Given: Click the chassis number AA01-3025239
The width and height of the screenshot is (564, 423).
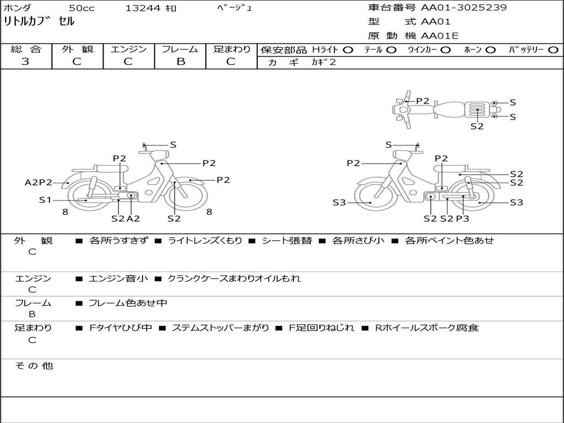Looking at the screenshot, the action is [x=464, y=8].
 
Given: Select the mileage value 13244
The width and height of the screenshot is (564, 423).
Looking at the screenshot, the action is [x=143, y=8].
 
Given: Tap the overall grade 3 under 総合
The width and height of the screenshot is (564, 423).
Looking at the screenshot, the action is [x=25, y=62].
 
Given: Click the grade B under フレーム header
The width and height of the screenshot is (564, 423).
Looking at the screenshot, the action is [x=181, y=62].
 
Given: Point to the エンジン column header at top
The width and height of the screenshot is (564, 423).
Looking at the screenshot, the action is [x=128, y=49].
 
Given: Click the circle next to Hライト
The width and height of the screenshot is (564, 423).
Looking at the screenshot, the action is [x=348, y=50].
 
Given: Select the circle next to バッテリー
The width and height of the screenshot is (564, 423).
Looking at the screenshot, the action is [x=553, y=50].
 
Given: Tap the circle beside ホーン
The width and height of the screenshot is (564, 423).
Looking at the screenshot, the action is [x=491, y=50].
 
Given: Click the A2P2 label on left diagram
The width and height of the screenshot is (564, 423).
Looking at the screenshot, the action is [x=39, y=182].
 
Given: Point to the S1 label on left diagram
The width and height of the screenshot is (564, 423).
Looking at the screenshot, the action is [x=45, y=199].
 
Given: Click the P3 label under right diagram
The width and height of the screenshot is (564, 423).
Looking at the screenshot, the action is [x=463, y=218].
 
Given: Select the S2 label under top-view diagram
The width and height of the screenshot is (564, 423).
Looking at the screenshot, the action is [x=477, y=126].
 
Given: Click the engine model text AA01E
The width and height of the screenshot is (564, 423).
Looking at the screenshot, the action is [x=440, y=36].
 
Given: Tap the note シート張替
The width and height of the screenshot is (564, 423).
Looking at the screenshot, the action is [x=286, y=240].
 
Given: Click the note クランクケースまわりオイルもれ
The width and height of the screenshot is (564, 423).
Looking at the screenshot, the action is [x=234, y=278].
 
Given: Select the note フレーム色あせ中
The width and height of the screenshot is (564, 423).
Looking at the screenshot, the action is [x=128, y=303].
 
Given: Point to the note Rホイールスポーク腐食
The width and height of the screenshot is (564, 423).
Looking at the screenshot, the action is [x=427, y=328].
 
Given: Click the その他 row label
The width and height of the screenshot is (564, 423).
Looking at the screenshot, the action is [x=34, y=366].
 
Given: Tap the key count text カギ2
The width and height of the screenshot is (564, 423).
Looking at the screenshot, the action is [x=324, y=62].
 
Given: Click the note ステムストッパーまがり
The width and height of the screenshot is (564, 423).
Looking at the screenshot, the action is [x=220, y=328].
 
